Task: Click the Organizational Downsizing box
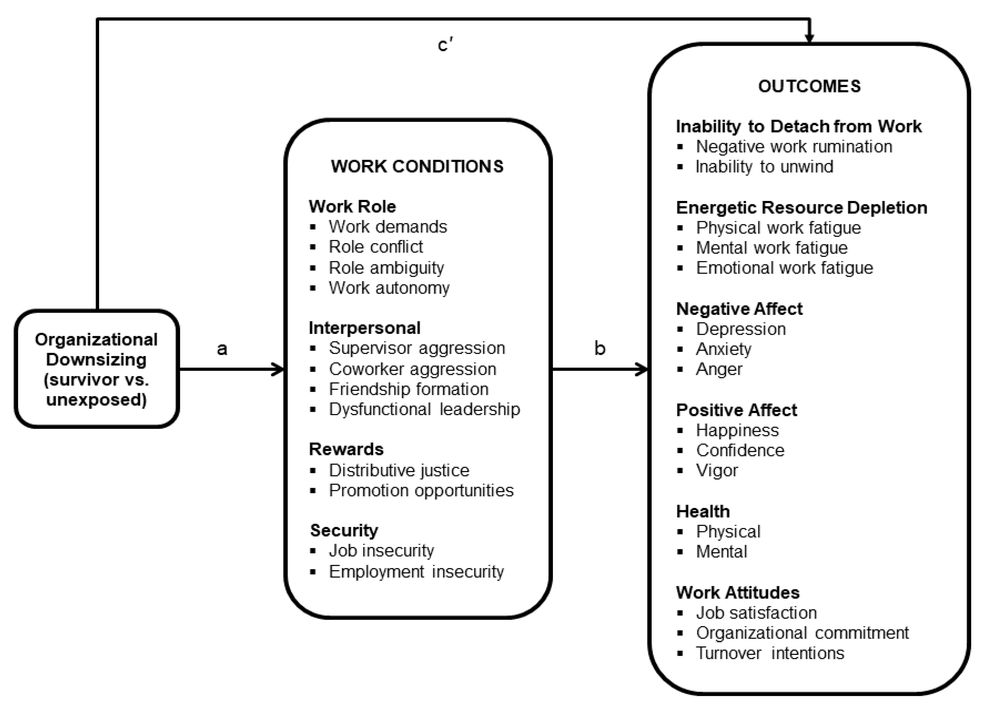coord(97,369)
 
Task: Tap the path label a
coord(222,349)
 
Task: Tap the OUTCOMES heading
coord(809,86)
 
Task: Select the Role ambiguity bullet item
coord(386,268)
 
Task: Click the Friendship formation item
coord(409,389)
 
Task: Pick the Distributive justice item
coord(399,470)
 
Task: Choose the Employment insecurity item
coord(416,571)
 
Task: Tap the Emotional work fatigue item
coord(784,268)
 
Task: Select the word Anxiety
coord(724,349)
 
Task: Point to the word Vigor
coord(717,470)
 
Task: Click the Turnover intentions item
coord(770,653)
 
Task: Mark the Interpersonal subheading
coord(364,328)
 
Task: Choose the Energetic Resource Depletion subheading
coord(801,207)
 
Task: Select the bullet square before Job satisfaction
coord(680,613)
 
